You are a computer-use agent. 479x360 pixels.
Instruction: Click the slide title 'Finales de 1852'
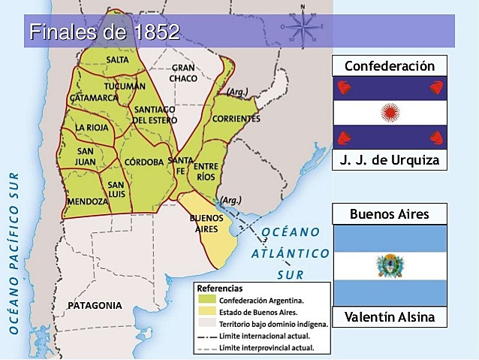[104, 32]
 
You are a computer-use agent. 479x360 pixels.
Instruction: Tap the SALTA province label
[117, 59]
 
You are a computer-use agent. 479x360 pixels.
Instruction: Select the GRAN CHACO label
[182, 73]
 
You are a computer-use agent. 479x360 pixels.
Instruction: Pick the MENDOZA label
[87, 201]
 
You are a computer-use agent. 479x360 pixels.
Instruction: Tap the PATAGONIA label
[94, 306]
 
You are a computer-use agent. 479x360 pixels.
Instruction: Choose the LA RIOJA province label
[92, 128]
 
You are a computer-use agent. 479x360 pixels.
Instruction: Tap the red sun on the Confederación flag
[389, 113]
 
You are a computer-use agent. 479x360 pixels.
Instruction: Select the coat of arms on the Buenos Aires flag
[389, 265]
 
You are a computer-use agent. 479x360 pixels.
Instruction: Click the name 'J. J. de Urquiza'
[389, 160]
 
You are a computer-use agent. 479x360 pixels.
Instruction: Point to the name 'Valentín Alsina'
[389, 317]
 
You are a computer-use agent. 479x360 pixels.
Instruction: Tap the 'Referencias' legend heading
[221, 287]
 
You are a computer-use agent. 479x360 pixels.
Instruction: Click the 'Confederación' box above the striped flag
[389, 66]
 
